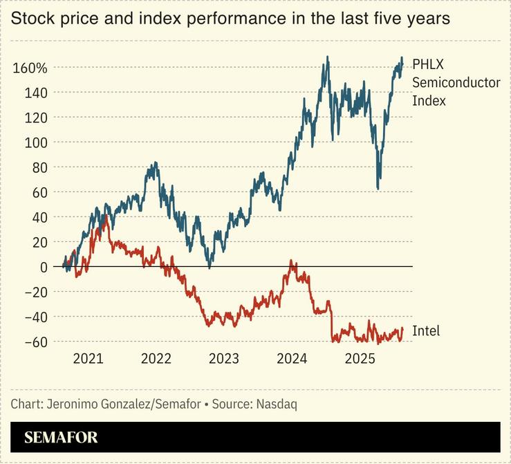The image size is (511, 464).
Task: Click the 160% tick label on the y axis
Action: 30,68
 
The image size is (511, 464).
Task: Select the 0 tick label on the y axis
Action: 44,267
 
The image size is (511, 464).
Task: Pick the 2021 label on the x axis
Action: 88,359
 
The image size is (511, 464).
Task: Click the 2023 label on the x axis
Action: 223,359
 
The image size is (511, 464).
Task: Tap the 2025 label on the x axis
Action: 360,359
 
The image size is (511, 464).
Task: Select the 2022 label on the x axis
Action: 156,359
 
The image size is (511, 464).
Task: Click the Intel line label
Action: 426,331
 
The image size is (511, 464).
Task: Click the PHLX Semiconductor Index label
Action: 446,82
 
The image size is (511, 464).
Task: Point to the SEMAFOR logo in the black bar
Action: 61,437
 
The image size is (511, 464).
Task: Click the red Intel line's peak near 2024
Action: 291,261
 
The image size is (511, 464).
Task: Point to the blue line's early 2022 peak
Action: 155,163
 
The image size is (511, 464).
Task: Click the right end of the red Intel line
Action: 402,329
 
